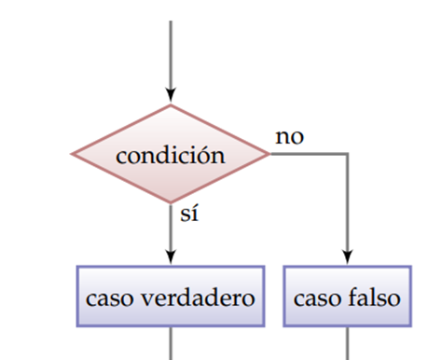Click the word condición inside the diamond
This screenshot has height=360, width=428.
(170, 155)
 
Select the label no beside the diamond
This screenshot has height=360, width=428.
(289, 137)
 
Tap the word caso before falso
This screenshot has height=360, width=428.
(318, 298)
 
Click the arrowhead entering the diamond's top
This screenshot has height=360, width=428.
(170, 94)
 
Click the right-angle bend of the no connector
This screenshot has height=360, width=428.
(348, 154)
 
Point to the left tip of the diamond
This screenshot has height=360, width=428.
(73, 153)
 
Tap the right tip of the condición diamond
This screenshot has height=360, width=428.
(269, 153)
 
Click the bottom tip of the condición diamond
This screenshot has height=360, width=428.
(170, 202)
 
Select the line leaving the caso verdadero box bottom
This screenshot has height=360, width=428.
(170, 342)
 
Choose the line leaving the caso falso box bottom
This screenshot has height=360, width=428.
(348, 342)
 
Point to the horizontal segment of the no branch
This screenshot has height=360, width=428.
(308, 154)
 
